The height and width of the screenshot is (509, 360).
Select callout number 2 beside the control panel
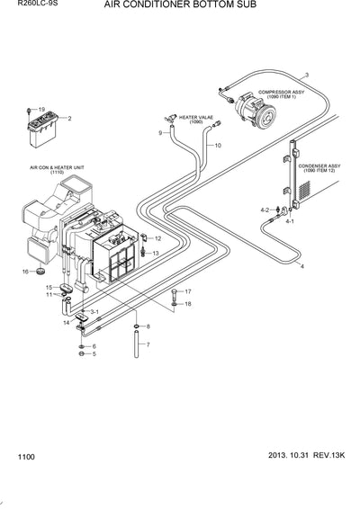[70, 119]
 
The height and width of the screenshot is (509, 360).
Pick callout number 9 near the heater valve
[162, 133]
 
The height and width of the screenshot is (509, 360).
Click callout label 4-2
[265, 210]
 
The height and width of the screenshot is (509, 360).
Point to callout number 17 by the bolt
[187, 292]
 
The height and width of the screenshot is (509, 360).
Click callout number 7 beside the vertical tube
[148, 344]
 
